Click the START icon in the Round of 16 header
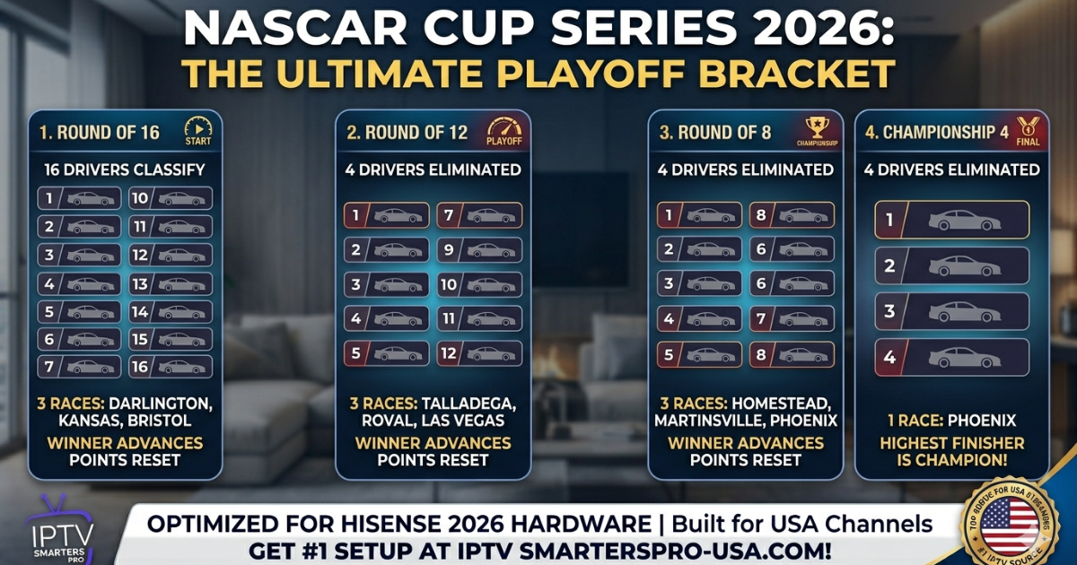pyautogui.click(x=197, y=131)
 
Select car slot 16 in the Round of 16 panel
pyautogui.click(x=171, y=367)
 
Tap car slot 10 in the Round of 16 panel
pyautogui.click(x=171, y=198)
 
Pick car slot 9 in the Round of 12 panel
pyautogui.click(x=479, y=249)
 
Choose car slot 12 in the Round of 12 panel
pyautogui.click(x=479, y=353)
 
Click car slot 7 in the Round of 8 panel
pyautogui.click(x=792, y=319)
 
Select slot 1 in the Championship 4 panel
pyautogui.click(x=951, y=220)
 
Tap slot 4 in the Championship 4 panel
pyautogui.click(x=951, y=357)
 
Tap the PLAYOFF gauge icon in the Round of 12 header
pyautogui.click(x=503, y=132)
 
